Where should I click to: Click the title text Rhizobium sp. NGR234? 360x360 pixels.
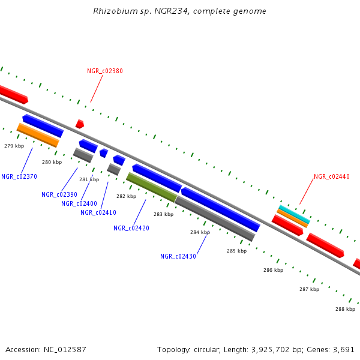tap(179, 11)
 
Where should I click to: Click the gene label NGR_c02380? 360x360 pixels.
tap(105, 71)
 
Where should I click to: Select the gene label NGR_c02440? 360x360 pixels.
tap(331, 177)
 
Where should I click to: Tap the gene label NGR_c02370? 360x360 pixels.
tap(19, 176)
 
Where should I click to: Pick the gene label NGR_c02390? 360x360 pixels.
tap(59, 194)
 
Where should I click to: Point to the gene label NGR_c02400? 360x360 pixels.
tap(79, 203)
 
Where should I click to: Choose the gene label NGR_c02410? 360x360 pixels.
tap(98, 212)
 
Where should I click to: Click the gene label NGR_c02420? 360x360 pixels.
tap(131, 228)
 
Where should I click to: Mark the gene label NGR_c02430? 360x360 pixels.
tap(178, 257)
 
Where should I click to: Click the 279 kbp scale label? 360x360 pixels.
tap(14, 146)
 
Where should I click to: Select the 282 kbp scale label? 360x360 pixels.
tap(126, 196)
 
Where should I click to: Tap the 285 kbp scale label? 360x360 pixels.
tap(236, 251)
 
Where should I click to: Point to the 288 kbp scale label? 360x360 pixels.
tap(345, 309)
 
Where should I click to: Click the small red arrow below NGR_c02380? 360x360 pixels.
tap(79, 124)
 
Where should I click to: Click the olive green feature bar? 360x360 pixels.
tap(151, 187)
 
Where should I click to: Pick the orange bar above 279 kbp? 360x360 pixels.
tap(38, 135)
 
